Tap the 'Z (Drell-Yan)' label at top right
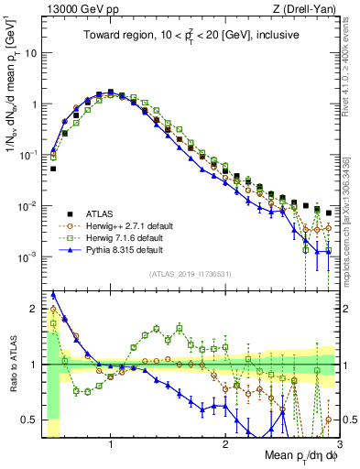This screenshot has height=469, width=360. point(304,8)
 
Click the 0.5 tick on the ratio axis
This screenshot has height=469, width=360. point(31,420)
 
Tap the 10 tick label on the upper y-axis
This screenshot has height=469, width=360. point(32,53)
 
